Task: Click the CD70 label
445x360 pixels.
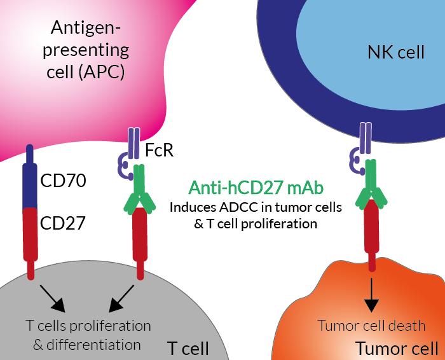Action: click(x=63, y=180)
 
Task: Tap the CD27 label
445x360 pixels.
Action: click(x=63, y=223)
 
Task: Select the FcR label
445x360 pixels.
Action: click(x=159, y=150)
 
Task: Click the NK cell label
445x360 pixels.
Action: click(x=396, y=52)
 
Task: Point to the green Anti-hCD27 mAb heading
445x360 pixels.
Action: click(x=256, y=188)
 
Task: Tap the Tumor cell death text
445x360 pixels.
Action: click(x=371, y=326)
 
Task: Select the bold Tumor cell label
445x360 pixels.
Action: click(x=397, y=349)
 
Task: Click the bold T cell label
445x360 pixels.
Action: click(x=188, y=349)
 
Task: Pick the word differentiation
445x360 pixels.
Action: click(x=93, y=345)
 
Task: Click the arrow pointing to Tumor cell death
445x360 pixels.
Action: click(x=371, y=294)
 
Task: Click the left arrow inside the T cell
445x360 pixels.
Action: click(x=53, y=299)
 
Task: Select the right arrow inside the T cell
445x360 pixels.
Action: click(x=121, y=299)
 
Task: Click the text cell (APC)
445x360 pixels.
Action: click(x=85, y=72)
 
